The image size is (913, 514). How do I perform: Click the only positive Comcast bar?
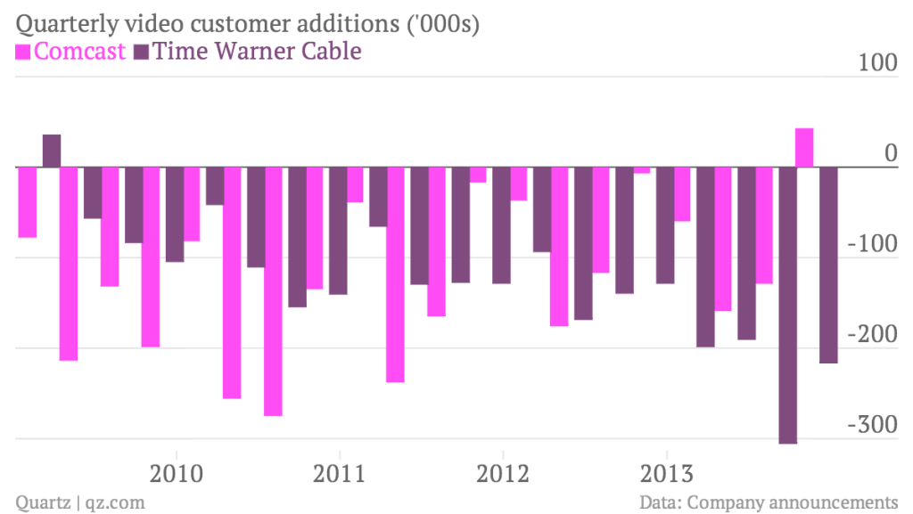click(x=804, y=148)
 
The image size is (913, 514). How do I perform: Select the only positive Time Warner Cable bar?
click(x=52, y=151)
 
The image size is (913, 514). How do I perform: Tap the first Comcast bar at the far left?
click(x=28, y=202)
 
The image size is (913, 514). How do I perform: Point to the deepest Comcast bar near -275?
click(x=273, y=291)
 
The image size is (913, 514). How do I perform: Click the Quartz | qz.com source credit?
click(x=80, y=502)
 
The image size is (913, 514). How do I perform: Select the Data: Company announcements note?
click(x=769, y=502)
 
